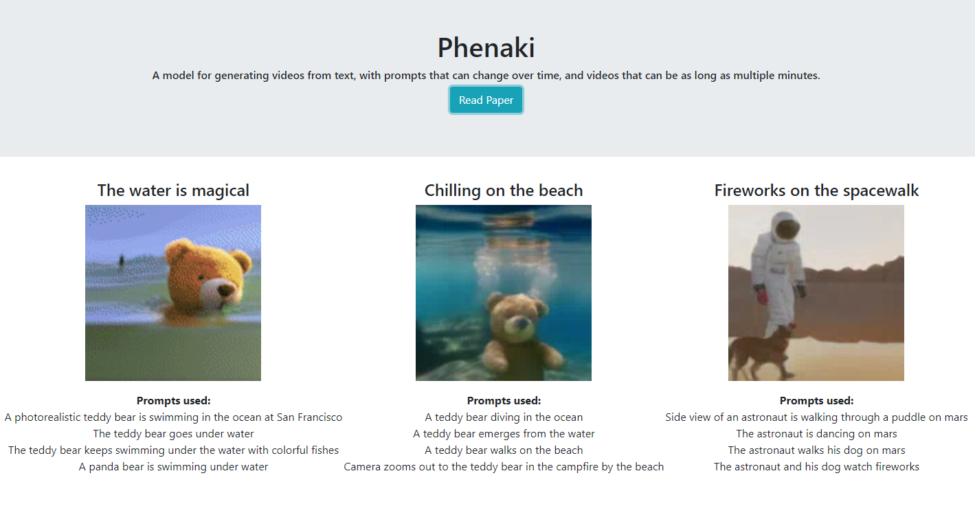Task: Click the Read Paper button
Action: [486, 100]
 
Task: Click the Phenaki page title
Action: [486, 47]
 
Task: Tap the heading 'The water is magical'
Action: [173, 190]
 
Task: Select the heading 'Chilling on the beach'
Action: [504, 190]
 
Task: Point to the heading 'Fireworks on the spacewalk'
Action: [816, 190]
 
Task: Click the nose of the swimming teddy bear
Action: [225, 290]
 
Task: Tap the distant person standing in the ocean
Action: [122, 260]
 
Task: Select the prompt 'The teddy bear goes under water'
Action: [173, 434]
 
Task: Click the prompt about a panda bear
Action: [173, 467]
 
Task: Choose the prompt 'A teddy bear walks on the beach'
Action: [504, 450]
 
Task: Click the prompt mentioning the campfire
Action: [504, 467]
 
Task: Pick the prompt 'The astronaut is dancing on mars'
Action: [816, 434]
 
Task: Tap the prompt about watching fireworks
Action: [816, 467]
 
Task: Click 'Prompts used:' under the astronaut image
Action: [816, 401]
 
